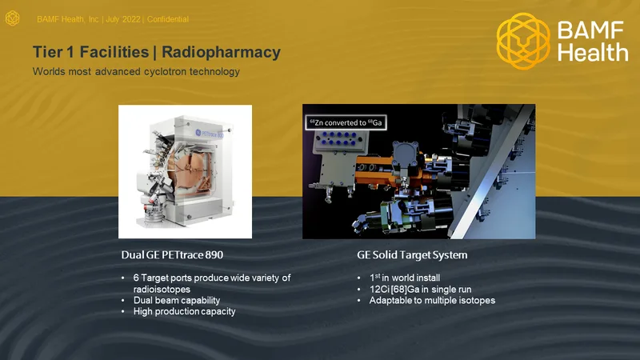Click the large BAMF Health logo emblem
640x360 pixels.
pos(523,41)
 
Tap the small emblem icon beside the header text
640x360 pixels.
pos(12,18)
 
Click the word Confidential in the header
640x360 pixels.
pos(168,19)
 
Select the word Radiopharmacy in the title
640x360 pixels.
pos(222,52)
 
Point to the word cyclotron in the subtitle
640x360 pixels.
pos(166,71)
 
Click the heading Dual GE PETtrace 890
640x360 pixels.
pos(172,254)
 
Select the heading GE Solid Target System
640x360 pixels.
pos(412,255)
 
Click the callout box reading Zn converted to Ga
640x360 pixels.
pos(346,122)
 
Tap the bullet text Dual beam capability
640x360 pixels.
pos(177,301)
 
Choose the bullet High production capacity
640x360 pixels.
pos(185,311)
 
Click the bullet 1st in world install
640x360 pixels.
pos(405,278)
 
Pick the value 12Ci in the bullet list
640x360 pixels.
pos(379,290)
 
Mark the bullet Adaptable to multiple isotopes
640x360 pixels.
pos(432,301)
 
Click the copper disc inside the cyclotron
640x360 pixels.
pos(193,163)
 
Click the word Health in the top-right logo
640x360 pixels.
pos(593,53)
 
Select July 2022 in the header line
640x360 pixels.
pos(123,19)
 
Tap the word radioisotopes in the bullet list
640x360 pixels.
pos(162,290)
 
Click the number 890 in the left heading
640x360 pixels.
pos(214,254)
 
